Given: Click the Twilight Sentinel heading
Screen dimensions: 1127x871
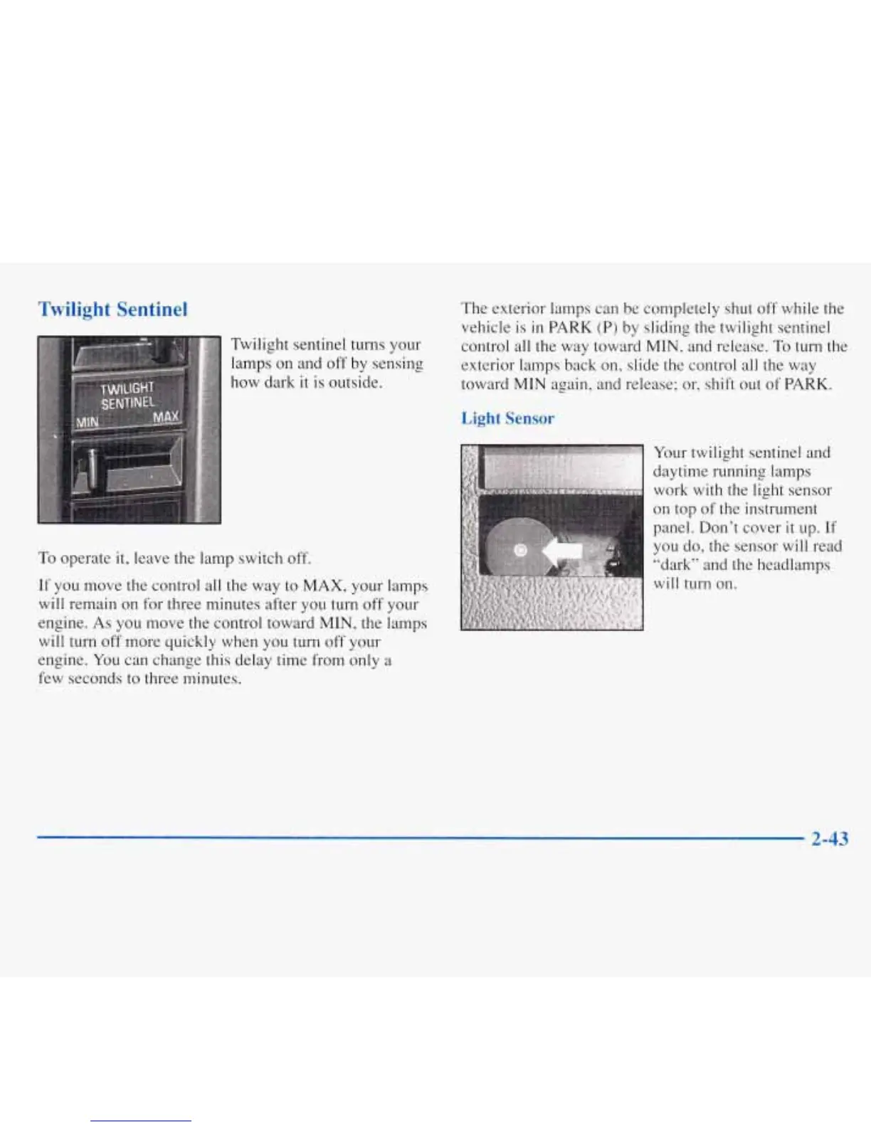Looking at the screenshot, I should pos(112,309).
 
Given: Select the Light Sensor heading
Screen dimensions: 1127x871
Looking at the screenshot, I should pos(507,418).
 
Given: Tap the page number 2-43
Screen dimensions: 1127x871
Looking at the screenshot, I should pos(830,840).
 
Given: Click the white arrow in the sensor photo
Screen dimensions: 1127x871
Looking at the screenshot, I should pos(562,550).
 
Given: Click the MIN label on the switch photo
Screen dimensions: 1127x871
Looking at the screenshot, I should pos(87,422).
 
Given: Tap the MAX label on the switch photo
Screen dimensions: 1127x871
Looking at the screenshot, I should pos(167,416).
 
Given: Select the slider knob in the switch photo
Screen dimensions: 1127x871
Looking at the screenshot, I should pos(86,470).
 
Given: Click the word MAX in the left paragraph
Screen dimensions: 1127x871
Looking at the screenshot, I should pos(324,586).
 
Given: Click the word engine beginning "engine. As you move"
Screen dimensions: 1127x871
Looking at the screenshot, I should pos(56,623).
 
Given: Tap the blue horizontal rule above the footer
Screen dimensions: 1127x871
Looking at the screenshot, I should pos(420,839).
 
